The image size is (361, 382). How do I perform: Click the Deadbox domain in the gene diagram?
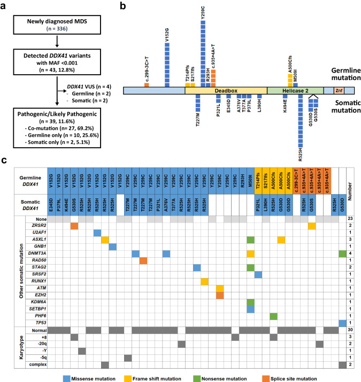coord(226,91)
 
